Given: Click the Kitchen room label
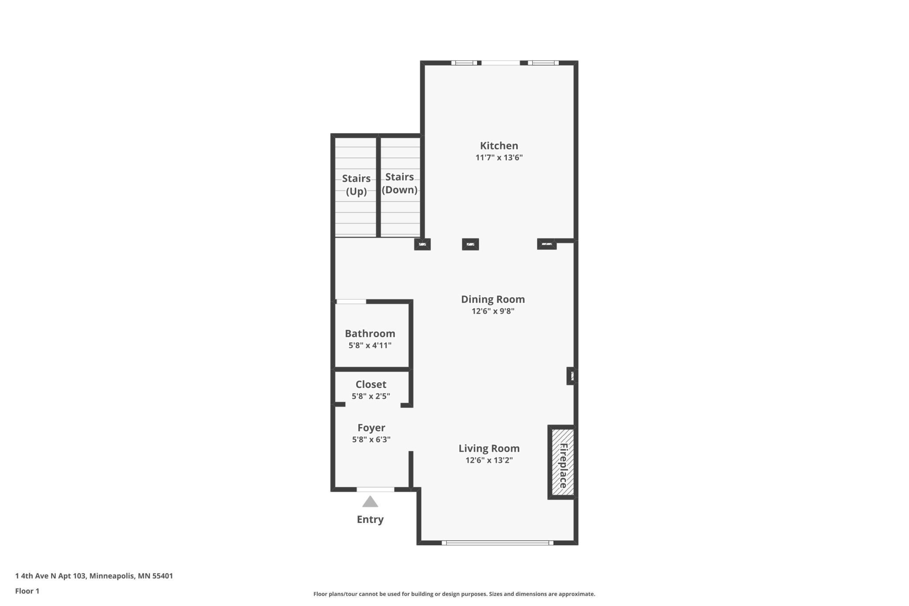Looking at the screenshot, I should tap(499, 146).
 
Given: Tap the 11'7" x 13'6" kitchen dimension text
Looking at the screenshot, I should tap(499, 157).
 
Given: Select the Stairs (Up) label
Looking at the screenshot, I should tap(356, 185).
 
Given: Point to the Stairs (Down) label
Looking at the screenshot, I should tap(399, 183).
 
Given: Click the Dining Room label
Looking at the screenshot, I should tap(493, 299).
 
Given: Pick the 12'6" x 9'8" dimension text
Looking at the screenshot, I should tap(493, 311).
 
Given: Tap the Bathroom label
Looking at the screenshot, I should tap(370, 333).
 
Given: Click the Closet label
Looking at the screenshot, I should tap(371, 384).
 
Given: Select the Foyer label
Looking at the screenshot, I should tap(371, 428).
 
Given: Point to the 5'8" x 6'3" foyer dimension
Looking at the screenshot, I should tap(371, 439).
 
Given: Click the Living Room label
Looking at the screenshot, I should tap(489, 448).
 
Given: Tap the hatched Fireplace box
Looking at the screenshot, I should tap(562, 462).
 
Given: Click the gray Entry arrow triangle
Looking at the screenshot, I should tap(370, 502).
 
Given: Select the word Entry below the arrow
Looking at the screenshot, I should tap(370, 519).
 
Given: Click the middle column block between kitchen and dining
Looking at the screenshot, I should tap(470, 244).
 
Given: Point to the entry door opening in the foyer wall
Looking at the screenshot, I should tap(375, 489).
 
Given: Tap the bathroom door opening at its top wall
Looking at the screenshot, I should tap(351, 302).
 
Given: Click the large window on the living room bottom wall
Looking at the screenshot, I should tap(497, 543).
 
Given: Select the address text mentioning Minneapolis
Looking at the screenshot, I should tap(94, 576).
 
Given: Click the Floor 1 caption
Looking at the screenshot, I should tap(27, 591).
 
